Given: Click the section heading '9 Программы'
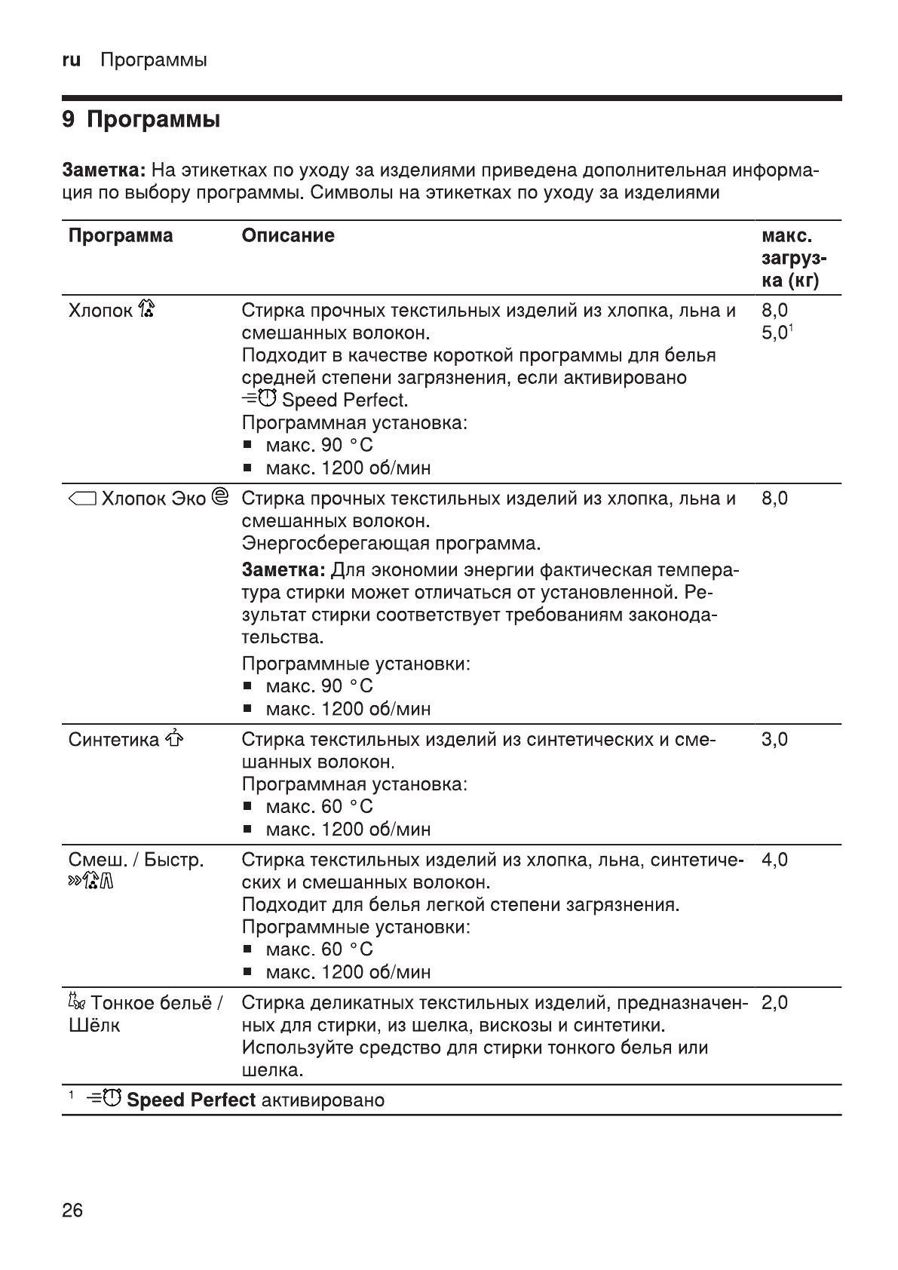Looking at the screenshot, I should pyautogui.click(x=141, y=121).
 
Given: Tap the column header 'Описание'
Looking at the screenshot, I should pyautogui.click(x=288, y=236).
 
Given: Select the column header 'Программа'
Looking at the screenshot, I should pyautogui.click(x=121, y=236).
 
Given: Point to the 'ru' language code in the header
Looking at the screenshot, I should pyautogui.click(x=71, y=60).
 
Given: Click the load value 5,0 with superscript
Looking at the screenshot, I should pyautogui.click(x=777, y=333).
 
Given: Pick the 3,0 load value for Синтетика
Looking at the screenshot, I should pyautogui.click(x=774, y=739).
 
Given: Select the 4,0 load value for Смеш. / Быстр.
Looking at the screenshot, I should pyautogui.click(x=774, y=860).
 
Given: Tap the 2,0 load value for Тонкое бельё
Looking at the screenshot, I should pyautogui.click(x=774, y=1003).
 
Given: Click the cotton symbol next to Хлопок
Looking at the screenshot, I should pyautogui.click(x=147, y=309).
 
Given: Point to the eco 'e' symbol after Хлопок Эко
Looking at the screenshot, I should pyautogui.click(x=221, y=498).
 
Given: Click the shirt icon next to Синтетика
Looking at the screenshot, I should pyautogui.click(x=173, y=738).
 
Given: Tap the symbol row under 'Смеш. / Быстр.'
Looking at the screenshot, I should pyautogui.click(x=90, y=882).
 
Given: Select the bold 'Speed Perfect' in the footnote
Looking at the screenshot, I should pyautogui.click(x=191, y=1100).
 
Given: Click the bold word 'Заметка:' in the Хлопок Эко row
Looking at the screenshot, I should pyautogui.click(x=283, y=569).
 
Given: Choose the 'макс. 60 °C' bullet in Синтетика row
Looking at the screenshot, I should pyautogui.click(x=319, y=807).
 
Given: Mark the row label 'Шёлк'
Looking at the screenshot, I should pyautogui.click(x=94, y=1026).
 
